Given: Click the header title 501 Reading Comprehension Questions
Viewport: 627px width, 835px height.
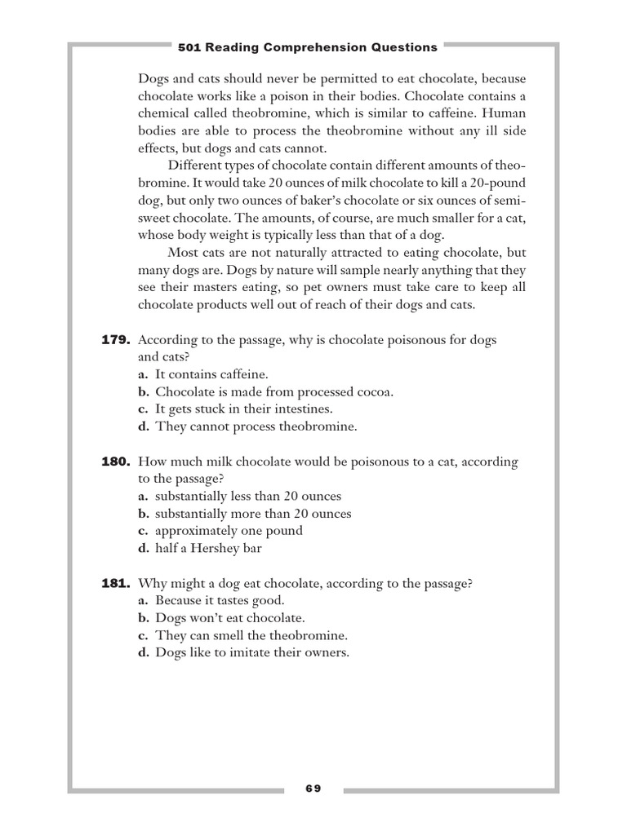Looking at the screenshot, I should pos(308,47).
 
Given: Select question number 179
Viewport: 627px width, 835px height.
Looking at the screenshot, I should pos(115,339).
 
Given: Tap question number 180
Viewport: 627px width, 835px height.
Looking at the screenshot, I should pos(115,462).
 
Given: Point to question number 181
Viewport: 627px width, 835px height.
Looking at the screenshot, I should pos(115,584).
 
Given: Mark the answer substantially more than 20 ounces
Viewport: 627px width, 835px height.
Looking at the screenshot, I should pos(253,514).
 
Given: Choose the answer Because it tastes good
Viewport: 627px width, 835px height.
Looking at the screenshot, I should pos(220,601).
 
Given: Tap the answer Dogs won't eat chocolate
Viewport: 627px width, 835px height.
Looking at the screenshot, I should pos(230,618).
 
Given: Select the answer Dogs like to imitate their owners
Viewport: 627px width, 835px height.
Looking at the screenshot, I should pos(252,652).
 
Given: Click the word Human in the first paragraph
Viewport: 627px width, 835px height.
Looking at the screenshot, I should pos(507,114).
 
